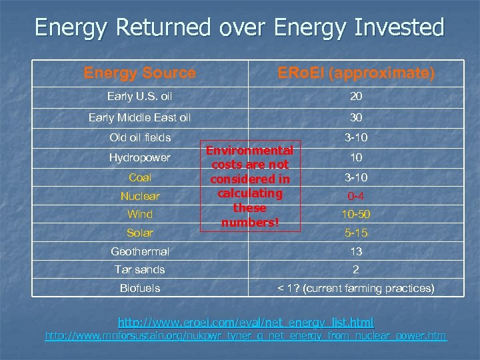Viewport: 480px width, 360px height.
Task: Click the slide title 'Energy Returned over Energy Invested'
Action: coord(239,27)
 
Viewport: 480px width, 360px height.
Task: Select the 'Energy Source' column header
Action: coord(139,73)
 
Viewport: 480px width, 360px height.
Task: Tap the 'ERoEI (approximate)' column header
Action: coord(356,73)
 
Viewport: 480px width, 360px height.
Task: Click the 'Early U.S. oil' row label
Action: coord(139,97)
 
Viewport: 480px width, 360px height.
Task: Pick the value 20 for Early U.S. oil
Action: coord(356,97)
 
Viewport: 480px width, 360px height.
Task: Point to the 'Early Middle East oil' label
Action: coord(139,118)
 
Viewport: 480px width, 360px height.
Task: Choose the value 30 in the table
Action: coord(356,118)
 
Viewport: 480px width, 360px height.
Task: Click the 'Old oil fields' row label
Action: coord(140,138)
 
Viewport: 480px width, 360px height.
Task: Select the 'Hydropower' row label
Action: coord(140,158)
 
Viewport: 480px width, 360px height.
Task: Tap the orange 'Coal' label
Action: coord(140,178)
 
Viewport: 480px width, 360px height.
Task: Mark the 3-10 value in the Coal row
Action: coord(356,178)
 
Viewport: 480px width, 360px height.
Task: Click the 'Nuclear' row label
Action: coord(140,197)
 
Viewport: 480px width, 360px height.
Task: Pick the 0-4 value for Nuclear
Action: coord(356,197)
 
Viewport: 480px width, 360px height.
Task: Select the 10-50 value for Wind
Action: coord(356,215)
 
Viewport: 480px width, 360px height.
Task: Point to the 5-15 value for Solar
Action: coord(356,233)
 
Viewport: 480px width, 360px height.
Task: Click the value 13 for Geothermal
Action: coord(356,251)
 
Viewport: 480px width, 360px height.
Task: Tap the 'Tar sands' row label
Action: coord(140,269)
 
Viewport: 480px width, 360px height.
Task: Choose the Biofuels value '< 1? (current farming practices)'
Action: coord(356,288)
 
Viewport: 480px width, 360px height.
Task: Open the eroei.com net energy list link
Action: coord(245,322)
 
